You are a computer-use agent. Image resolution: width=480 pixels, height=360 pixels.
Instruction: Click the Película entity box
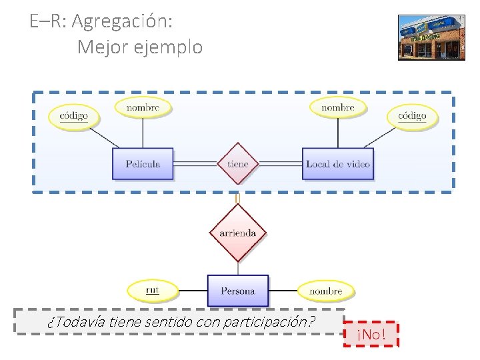143,163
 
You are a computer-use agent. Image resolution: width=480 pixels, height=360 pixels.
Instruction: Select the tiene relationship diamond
237,163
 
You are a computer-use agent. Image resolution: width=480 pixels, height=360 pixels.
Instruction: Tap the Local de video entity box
337,163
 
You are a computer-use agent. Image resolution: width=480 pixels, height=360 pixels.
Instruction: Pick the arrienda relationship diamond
237,233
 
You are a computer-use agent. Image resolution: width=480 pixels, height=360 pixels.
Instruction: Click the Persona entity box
237,291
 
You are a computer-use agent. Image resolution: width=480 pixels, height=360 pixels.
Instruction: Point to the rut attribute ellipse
153,290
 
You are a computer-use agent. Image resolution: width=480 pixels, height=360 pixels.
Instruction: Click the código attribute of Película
73,116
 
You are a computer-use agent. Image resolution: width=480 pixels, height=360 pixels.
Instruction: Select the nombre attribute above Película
143,107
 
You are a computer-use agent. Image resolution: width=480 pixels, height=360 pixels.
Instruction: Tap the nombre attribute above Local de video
338,107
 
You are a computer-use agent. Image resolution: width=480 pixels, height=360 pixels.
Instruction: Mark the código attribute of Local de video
412,116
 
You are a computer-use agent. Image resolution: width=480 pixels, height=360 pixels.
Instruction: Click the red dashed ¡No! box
371,333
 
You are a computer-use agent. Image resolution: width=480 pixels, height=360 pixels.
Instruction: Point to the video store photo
431,37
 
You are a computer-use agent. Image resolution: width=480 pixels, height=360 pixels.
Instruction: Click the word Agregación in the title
122,21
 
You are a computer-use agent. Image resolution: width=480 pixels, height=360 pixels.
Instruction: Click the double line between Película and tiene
195,163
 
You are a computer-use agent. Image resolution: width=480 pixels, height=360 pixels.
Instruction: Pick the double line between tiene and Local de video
279,163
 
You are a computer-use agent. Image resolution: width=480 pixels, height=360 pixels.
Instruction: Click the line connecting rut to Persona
193,291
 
